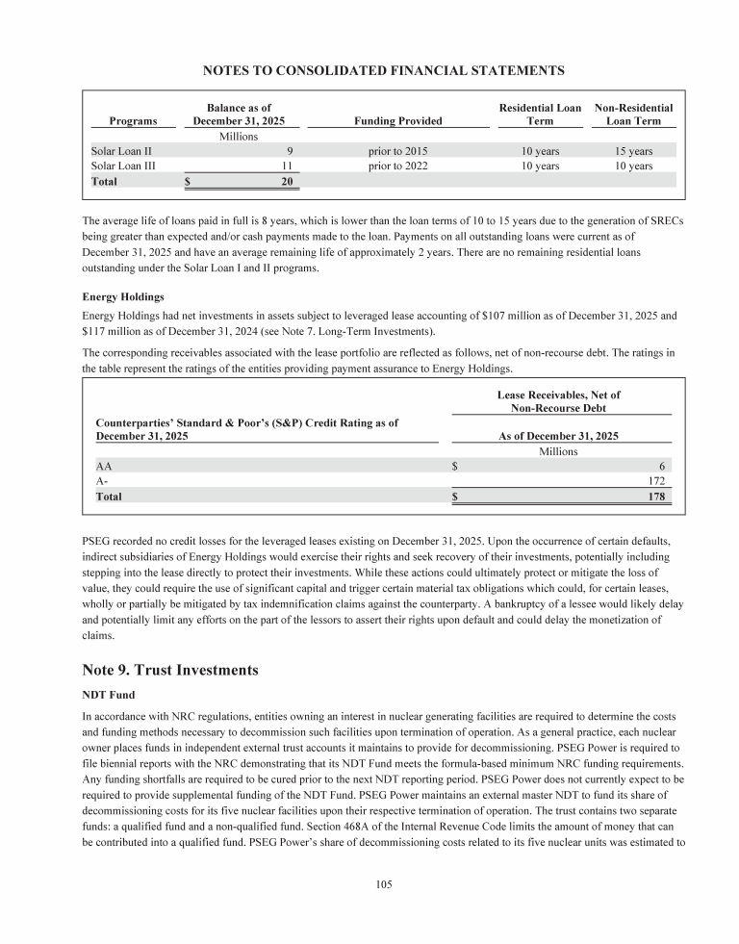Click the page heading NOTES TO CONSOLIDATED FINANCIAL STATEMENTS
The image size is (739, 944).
[369, 70]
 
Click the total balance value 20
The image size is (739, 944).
[286, 181]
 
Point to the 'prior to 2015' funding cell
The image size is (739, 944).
[398, 151]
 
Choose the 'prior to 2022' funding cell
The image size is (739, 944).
[398, 166]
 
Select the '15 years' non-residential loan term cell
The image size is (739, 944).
[633, 151]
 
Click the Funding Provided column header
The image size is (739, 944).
[398, 121]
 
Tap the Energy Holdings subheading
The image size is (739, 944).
[124, 296]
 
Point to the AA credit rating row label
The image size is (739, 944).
[103, 465]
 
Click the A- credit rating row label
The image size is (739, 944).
[102, 480]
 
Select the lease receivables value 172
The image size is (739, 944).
[656, 480]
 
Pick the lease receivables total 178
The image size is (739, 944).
[656, 497]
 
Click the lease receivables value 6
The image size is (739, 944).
[662, 465]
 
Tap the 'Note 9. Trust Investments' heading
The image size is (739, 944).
[170, 671]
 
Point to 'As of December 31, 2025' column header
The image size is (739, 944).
[558, 436]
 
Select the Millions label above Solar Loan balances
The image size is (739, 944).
[238, 137]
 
